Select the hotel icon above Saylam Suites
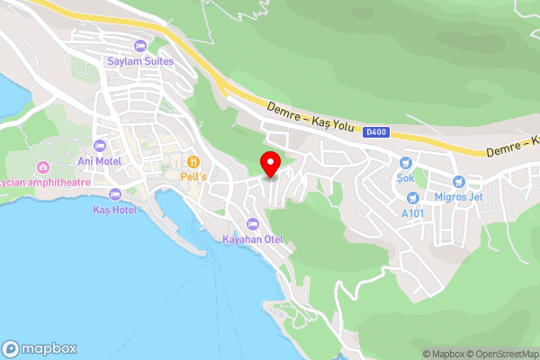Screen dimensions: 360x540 coord(139,46)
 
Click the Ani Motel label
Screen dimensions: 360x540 coord(100,161)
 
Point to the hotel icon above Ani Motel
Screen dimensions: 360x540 coord(100,146)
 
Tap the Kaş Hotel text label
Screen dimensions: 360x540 coord(114,209)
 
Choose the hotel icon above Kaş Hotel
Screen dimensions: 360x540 coord(114,194)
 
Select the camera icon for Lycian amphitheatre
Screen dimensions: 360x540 coord(42,166)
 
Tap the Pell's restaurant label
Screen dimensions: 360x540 coord(193,176)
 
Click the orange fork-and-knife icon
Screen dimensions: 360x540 coord(193,162)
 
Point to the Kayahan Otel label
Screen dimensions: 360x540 coord(252,238)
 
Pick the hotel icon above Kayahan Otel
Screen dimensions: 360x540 coord(252,224)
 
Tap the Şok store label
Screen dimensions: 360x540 coord(406,177)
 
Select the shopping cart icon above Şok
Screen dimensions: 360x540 coord(406,163)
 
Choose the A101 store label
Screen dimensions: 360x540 coord(412,212)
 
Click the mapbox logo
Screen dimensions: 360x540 coord(39,348)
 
